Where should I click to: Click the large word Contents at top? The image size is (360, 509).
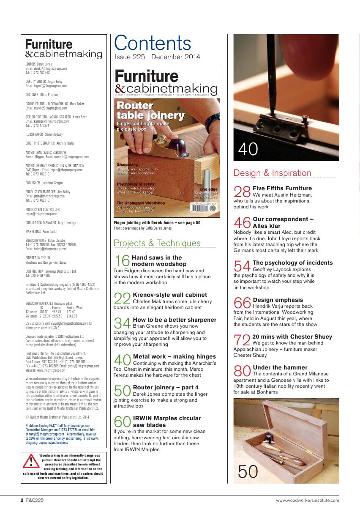(153, 44)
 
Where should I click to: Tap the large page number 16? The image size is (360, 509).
(122, 261)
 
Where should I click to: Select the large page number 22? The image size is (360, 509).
(123, 298)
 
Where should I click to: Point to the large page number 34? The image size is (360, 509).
(123, 323)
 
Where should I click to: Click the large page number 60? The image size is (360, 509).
(123, 422)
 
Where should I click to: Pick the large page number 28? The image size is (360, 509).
(243, 192)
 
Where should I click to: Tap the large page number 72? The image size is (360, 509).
(242, 340)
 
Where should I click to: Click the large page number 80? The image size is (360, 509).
(243, 371)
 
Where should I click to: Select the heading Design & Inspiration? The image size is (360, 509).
(272, 173)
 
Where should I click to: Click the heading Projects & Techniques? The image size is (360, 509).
(157, 243)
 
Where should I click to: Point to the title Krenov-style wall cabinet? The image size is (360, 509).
(170, 295)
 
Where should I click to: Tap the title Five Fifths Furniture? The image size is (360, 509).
(282, 188)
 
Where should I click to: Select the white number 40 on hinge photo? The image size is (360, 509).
(248, 149)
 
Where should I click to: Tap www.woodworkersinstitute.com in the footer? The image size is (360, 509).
(307, 501)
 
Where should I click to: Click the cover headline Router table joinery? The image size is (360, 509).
(150, 110)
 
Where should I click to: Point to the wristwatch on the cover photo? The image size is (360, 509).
(213, 119)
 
